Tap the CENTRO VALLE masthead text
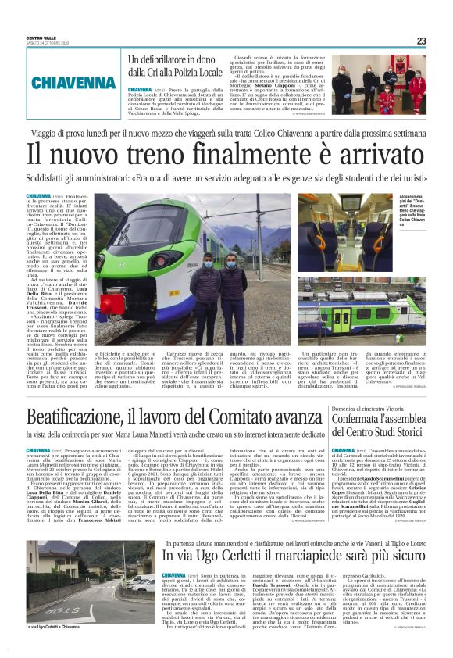[41, 38]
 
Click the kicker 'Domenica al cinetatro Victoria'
[372, 408]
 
